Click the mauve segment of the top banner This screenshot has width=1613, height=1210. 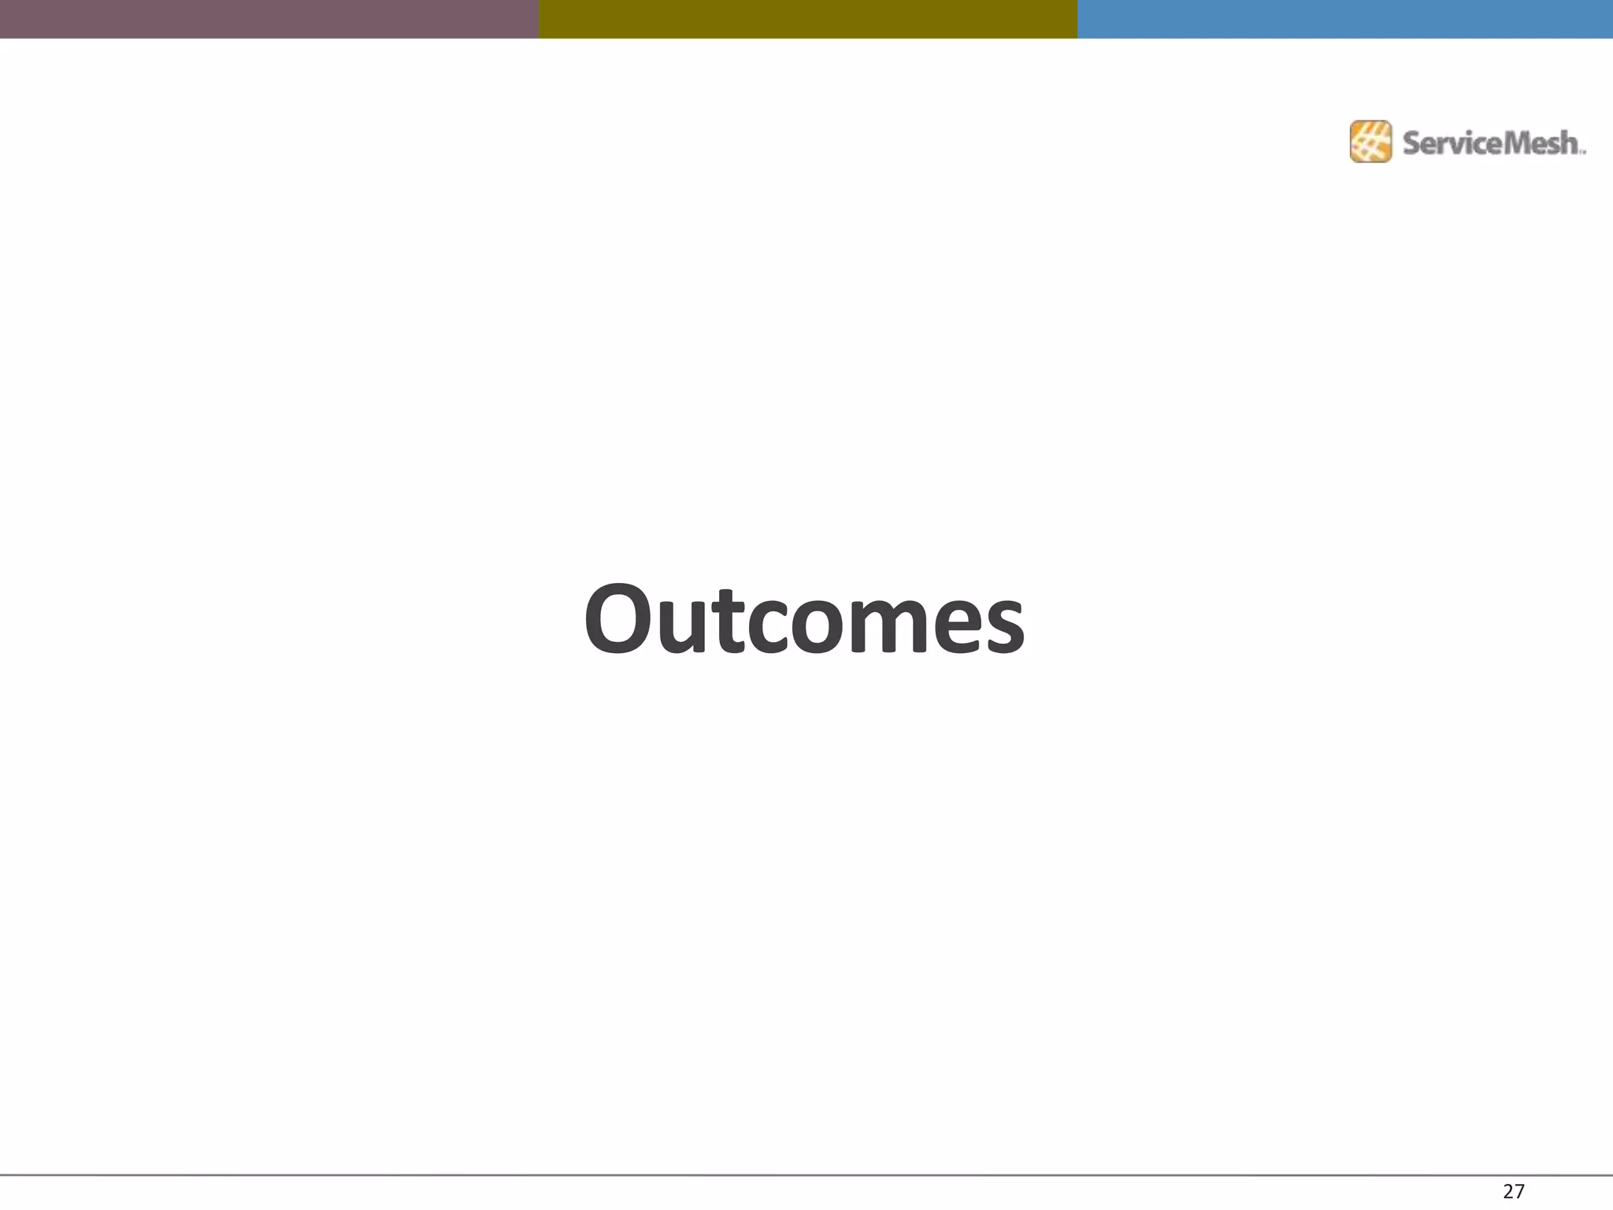point(269,19)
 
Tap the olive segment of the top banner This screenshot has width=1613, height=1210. point(807,19)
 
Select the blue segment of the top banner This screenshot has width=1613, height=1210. point(1344,19)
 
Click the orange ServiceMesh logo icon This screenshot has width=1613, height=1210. point(1370,142)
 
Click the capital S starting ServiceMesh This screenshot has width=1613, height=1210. point(1411,143)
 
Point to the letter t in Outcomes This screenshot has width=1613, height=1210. point(727,622)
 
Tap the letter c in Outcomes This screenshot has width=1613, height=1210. point(763,626)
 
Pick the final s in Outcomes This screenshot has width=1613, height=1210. point(1003,626)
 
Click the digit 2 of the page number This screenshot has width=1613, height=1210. point(1507,1191)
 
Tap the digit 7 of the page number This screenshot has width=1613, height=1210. point(1519,1191)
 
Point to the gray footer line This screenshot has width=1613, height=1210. point(806,1175)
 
